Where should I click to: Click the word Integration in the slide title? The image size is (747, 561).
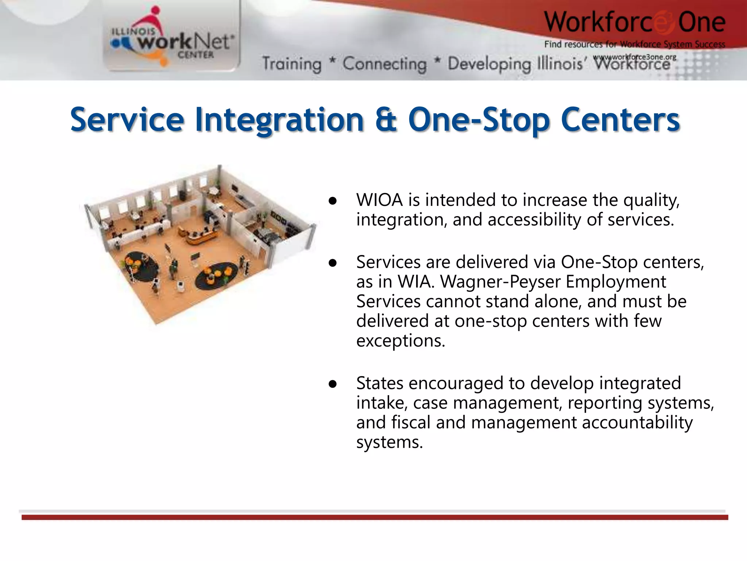pos(279,120)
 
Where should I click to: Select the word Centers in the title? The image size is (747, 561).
pos(620,119)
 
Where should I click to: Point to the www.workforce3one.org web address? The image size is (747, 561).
pos(635,57)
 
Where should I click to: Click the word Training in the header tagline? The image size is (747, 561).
pos(292,64)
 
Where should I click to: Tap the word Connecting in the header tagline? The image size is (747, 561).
pos(384,64)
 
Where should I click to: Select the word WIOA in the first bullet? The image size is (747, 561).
pos(379,200)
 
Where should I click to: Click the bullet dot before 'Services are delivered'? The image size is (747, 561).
pos(332,263)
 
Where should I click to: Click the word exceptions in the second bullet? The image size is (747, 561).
pos(400,341)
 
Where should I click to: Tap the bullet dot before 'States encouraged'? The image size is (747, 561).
pos(332,384)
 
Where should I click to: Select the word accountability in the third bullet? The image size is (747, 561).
pos(637,423)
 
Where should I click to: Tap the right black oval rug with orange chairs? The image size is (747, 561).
pos(217,275)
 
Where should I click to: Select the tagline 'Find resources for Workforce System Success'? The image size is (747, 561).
pos(635,45)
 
